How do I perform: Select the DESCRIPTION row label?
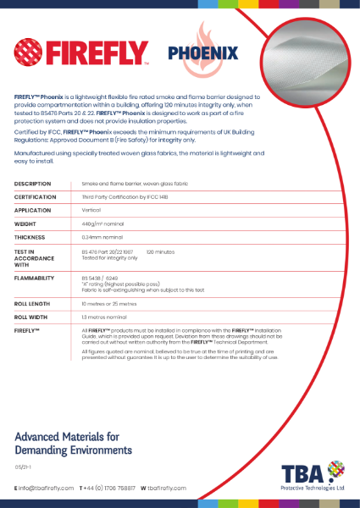[33, 183]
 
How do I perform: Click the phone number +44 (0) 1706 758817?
[109, 489]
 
